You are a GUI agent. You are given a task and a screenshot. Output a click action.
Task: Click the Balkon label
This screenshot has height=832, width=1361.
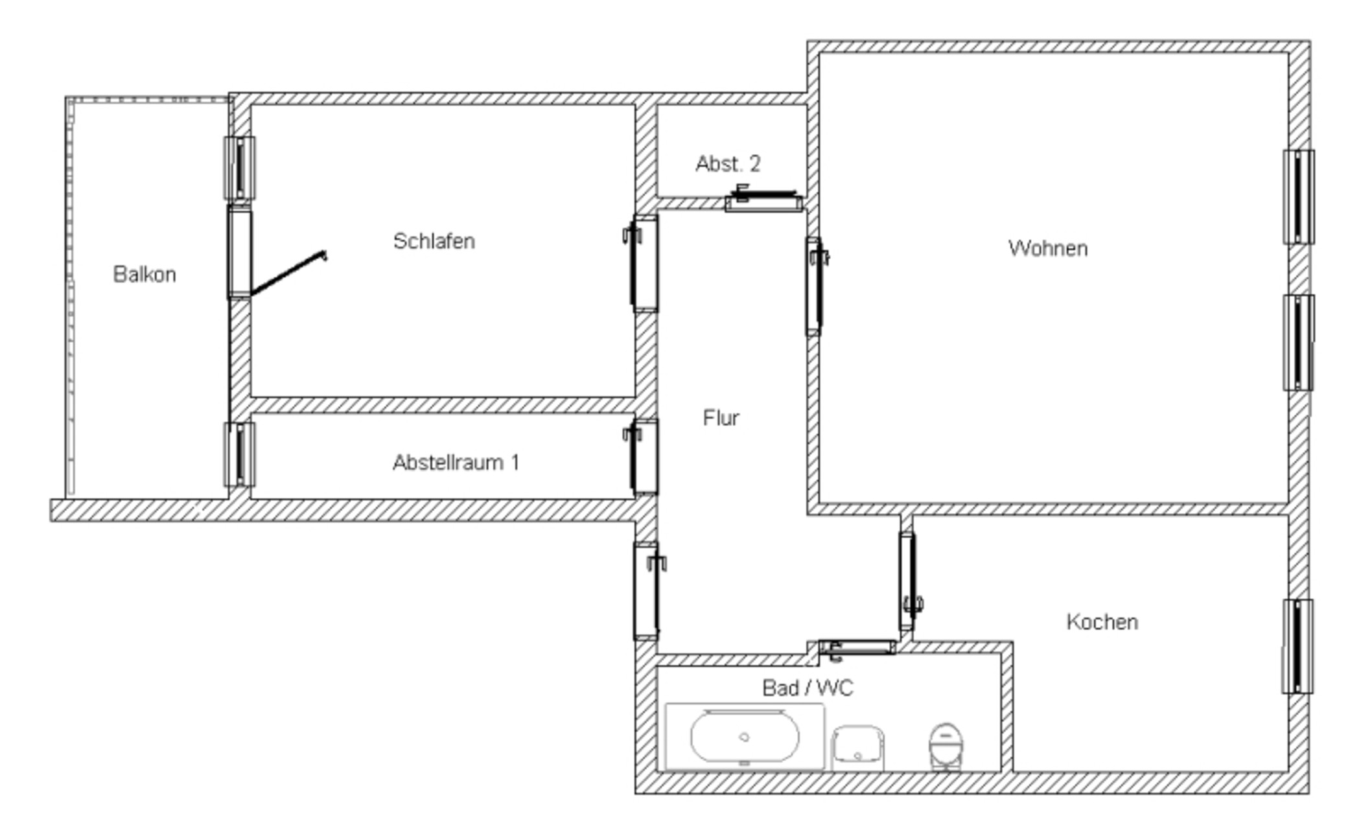click(x=145, y=274)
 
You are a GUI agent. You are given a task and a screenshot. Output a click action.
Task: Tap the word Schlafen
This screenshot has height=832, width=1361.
click(x=434, y=241)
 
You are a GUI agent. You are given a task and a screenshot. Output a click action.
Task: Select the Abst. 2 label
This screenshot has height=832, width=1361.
click(x=728, y=164)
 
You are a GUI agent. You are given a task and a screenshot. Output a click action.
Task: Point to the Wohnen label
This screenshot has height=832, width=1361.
click(x=1048, y=248)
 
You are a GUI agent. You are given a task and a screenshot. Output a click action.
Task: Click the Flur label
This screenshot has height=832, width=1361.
click(x=721, y=418)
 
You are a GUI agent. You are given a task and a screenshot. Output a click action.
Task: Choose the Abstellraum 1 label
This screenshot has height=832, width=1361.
click(x=456, y=463)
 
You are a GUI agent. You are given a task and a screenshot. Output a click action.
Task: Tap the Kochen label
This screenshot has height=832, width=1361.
click(x=1102, y=622)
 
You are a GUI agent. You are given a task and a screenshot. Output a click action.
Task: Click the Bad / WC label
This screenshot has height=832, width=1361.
click(x=808, y=688)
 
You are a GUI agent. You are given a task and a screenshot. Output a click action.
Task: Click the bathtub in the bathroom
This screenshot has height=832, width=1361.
click(x=745, y=737)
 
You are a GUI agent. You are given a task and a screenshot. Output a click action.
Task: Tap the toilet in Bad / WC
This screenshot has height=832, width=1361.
click(x=946, y=746)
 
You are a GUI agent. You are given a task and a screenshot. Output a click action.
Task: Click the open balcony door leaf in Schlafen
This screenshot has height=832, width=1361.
click(x=288, y=273)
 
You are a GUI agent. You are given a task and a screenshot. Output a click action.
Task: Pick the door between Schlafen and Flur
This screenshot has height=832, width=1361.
click(x=642, y=264)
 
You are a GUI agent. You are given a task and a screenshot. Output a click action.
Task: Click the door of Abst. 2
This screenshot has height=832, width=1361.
click(x=764, y=198)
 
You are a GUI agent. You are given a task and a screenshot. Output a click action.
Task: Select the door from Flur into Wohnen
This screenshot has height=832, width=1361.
click(x=816, y=286)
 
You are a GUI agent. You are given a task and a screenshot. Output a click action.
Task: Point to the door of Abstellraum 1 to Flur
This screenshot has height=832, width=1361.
click(x=642, y=457)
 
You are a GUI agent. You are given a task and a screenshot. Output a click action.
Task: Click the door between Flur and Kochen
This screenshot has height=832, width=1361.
click(x=910, y=581)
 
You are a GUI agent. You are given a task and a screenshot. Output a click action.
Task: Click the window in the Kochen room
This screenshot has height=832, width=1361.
click(x=1298, y=646)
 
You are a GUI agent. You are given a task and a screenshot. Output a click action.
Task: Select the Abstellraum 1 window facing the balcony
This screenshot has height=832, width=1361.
click(x=239, y=454)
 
